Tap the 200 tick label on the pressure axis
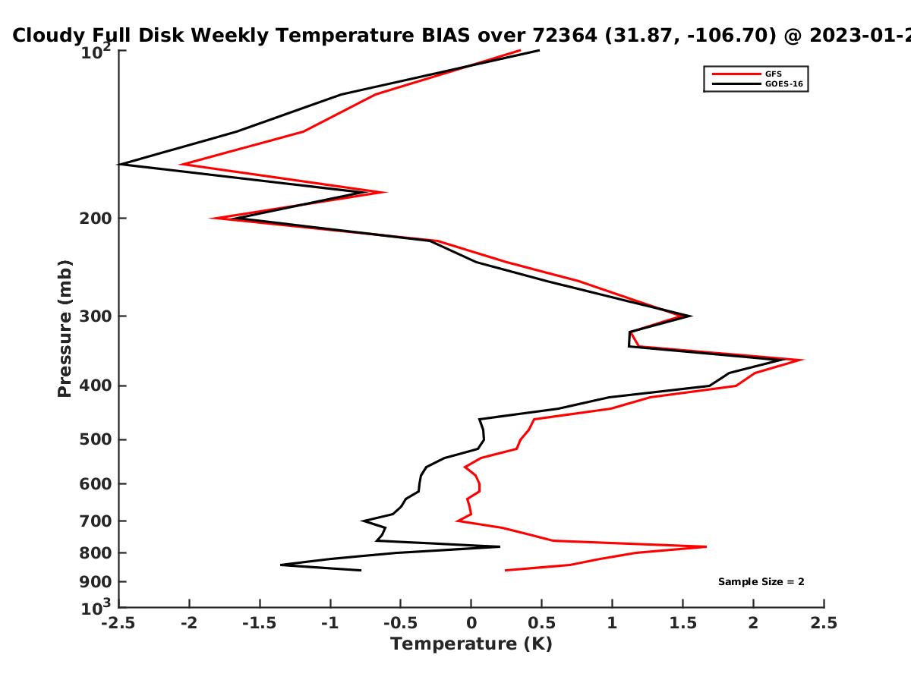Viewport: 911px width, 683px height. tap(96, 219)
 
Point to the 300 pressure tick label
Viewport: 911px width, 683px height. tap(96, 316)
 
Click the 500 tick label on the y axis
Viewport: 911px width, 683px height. tap(96, 439)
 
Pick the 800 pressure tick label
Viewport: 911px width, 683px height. tap(96, 553)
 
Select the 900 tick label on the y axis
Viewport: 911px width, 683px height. tap(96, 582)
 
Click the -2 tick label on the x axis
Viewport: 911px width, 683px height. tap(189, 623)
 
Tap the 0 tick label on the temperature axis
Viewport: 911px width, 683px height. tap(471, 623)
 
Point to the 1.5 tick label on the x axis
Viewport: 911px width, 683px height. tap(682, 623)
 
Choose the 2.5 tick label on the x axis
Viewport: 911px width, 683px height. tap(824, 623)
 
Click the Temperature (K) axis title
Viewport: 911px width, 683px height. tap(471, 644)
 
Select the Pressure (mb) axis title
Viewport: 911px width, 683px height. tap(65, 329)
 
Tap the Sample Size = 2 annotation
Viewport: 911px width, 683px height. tap(761, 582)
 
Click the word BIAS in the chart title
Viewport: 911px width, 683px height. tap(446, 36)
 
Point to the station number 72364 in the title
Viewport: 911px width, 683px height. tap(565, 36)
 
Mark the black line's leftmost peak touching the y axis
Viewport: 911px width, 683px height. tap(119, 164)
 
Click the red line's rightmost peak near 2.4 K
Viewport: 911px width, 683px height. tap(803, 360)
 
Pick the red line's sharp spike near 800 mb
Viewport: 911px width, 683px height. tap(706, 546)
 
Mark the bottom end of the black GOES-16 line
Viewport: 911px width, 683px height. tap(361, 570)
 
